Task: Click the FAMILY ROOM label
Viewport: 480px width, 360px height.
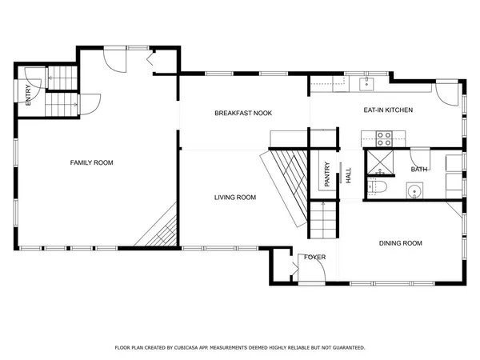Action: [x=91, y=162]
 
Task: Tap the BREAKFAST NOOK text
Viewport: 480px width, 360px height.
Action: [x=243, y=114]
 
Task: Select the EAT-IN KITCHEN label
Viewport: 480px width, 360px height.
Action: [x=388, y=110]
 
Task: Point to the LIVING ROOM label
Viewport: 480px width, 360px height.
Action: [x=235, y=197]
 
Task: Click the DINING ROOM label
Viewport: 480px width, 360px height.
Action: [x=400, y=243]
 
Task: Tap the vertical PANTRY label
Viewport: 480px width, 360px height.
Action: [x=327, y=174]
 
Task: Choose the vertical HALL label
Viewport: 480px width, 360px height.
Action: [x=348, y=174]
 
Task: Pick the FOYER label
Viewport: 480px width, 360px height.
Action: [x=313, y=257]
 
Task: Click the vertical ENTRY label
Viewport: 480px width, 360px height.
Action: [x=29, y=96]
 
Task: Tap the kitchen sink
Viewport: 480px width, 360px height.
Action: [x=369, y=82]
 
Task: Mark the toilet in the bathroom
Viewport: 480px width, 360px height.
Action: [x=378, y=188]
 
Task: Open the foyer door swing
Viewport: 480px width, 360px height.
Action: [x=312, y=272]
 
